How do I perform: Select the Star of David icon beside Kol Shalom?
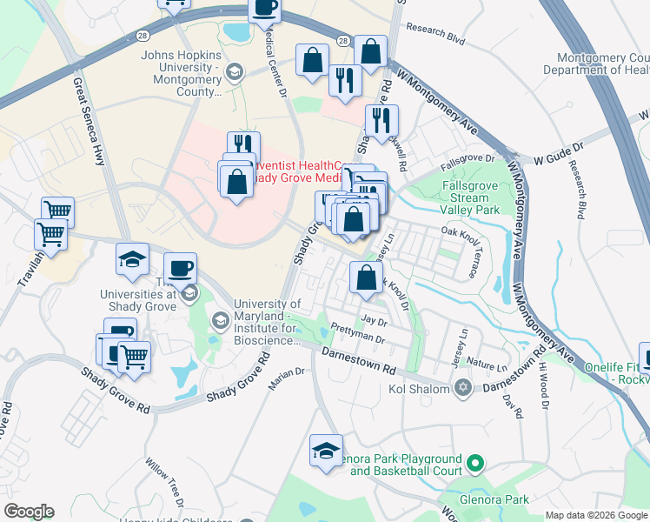tap(462, 387)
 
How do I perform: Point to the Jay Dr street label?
tap(374, 320)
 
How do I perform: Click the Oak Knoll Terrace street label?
tap(461, 250)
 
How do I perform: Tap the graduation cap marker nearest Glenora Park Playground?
tap(326, 451)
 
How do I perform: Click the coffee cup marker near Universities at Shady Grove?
tap(180, 268)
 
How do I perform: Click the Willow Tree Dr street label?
tap(164, 483)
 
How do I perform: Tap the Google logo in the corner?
tap(29, 512)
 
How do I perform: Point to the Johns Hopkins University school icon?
tap(233, 71)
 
